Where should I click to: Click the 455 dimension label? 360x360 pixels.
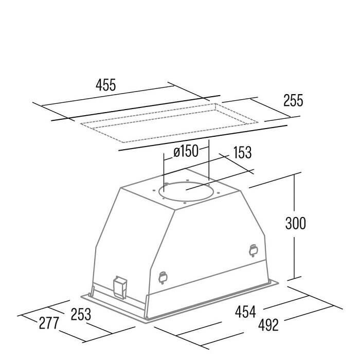pyautogui.click(x=106, y=85)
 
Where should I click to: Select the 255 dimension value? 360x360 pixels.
pyautogui.click(x=293, y=100)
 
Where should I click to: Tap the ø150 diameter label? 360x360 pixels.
pyautogui.click(x=186, y=151)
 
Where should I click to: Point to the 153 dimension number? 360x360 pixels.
pyautogui.click(x=242, y=152)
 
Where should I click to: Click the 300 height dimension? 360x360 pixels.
pyautogui.click(x=296, y=223)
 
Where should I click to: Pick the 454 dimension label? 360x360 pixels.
pyautogui.click(x=245, y=312)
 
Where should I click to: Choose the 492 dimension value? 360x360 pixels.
pyautogui.click(x=268, y=325)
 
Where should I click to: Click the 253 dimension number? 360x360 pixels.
pyautogui.click(x=81, y=314)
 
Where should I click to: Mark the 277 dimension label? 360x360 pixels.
pyautogui.click(x=49, y=323)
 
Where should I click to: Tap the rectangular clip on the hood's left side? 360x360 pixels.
pyautogui.click(x=120, y=287)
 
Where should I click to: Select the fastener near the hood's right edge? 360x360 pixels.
pyautogui.click(x=253, y=251)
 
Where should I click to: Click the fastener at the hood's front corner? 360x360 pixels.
pyautogui.click(x=163, y=278)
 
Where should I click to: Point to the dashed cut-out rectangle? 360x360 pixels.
pyautogui.click(x=169, y=123)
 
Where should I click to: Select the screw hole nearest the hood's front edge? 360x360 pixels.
pyautogui.click(x=185, y=203)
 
